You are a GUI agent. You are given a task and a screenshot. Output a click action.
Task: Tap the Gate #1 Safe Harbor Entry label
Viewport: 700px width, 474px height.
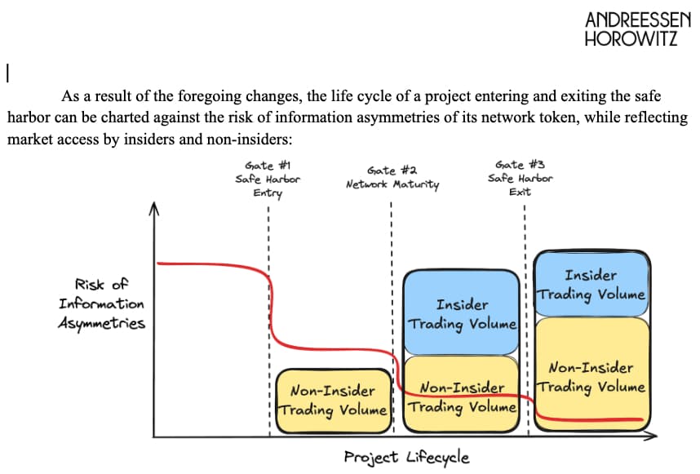pos(268,179)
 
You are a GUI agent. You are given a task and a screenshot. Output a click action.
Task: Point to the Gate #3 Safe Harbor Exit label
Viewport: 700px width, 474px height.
pos(521,178)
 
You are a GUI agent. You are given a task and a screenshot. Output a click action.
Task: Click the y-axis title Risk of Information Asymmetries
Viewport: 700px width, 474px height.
pos(101,304)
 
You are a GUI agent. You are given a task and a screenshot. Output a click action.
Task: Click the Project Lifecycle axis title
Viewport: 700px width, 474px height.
pos(406,456)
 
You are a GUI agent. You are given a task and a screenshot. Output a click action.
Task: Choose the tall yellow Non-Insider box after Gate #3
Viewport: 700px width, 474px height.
pos(591,371)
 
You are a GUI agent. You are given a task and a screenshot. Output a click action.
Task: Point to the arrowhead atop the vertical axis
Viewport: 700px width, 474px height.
pos(152,210)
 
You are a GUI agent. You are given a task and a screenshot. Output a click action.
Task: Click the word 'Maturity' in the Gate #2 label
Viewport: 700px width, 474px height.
pos(417,184)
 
